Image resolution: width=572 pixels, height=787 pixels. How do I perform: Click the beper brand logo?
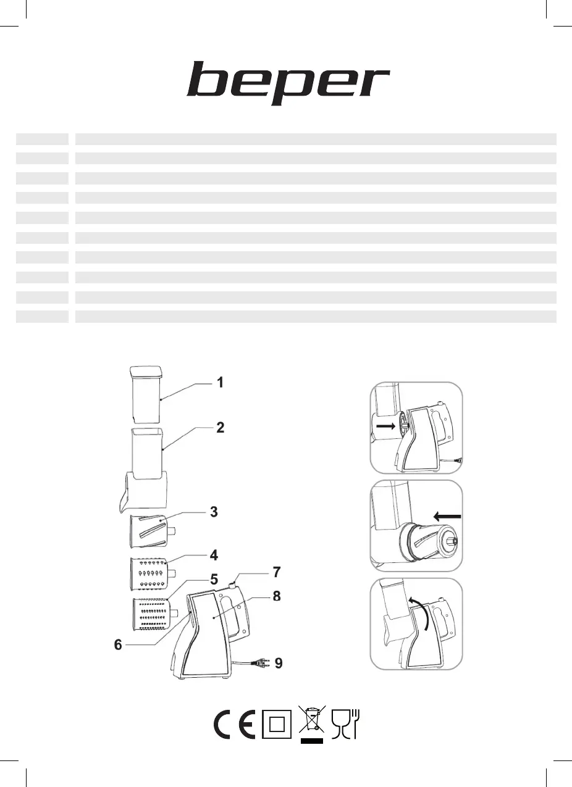click(288, 83)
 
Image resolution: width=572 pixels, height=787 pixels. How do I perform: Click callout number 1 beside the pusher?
click(220, 383)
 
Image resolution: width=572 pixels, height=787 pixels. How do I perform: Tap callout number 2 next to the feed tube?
click(220, 428)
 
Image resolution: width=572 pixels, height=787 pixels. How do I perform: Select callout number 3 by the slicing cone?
click(214, 512)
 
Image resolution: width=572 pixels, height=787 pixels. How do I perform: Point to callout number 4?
click(214, 556)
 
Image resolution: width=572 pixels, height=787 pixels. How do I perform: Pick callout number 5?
click(214, 580)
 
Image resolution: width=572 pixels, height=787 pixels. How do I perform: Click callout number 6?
click(118, 644)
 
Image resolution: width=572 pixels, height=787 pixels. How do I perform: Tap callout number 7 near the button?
click(277, 572)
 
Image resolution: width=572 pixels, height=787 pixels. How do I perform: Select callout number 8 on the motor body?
click(277, 596)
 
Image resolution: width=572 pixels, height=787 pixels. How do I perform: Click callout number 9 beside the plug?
click(279, 664)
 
